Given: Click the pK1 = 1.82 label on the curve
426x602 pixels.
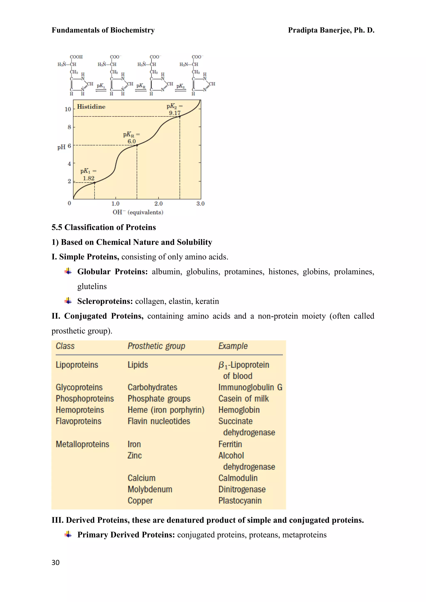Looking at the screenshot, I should [88, 175].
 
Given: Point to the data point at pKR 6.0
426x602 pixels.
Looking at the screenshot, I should [137, 145].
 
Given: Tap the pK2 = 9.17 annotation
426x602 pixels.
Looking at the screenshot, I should [175, 110].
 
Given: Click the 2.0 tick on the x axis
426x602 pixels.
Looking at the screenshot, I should [159, 204].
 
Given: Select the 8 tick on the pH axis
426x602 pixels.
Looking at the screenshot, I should [69, 127].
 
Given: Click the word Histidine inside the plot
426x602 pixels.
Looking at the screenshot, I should [91, 107].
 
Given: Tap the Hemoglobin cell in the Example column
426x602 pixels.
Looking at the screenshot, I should [239, 410].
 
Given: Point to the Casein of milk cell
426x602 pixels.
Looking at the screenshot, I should [243, 398].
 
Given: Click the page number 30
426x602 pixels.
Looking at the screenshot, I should [56, 563].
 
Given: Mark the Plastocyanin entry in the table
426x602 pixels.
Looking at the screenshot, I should [240, 500].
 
